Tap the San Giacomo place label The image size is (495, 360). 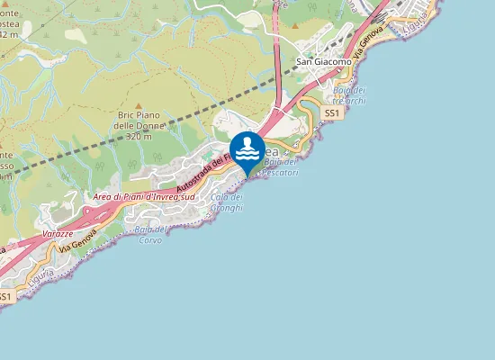pos(324,62)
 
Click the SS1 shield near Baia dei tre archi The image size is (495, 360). pos(331,114)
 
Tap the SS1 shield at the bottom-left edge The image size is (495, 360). pos(5,296)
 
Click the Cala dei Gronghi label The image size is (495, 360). pos(226,202)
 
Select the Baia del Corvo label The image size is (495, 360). pos(147,235)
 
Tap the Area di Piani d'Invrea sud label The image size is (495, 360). pos(144,195)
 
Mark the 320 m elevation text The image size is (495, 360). pos(138,138)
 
